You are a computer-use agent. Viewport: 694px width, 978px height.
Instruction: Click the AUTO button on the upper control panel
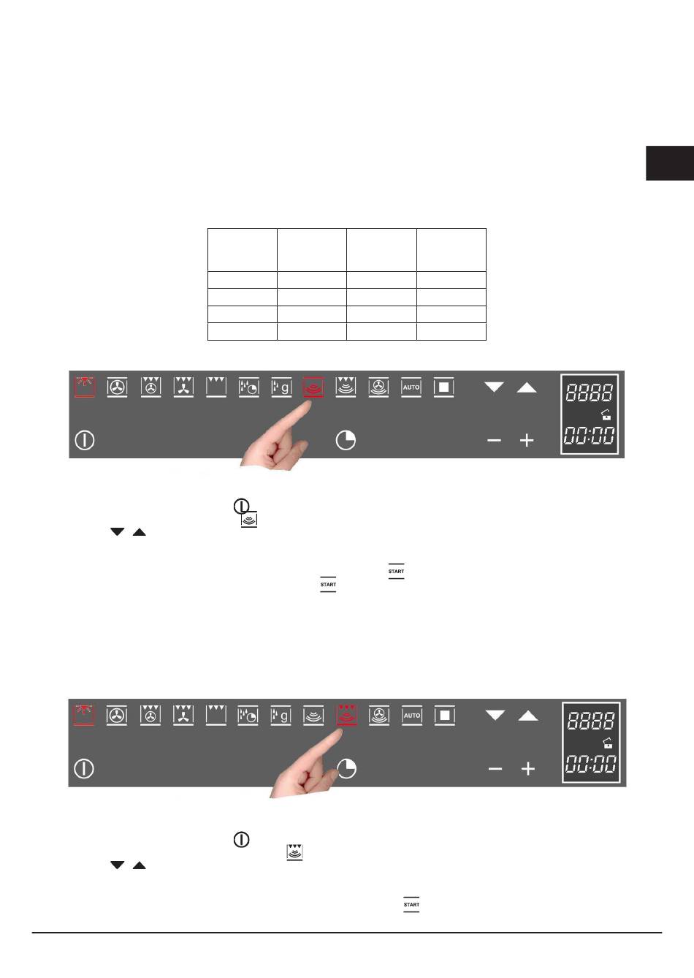pos(411,387)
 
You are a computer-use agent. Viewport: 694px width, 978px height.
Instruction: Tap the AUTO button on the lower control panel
pos(412,716)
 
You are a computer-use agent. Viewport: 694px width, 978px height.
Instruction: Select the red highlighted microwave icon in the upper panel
pos(313,387)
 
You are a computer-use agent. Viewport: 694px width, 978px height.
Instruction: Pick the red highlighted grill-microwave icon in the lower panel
pos(347,716)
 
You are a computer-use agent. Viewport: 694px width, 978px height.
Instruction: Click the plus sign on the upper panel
pos(527,440)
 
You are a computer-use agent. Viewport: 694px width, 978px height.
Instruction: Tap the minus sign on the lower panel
pos(495,768)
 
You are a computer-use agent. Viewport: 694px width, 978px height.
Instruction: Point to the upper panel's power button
pos(85,440)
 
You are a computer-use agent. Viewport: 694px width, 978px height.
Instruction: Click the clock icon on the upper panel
pos(346,440)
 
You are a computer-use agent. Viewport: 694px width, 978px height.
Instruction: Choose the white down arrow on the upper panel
pos(494,387)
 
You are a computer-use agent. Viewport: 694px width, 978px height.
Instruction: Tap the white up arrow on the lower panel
pos(528,716)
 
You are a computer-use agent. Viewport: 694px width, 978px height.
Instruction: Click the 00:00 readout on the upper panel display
pos(590,436)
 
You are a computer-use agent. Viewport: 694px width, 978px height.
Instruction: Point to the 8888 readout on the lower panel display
pos(590,721)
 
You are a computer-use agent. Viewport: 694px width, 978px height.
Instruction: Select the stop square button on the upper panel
pos(444,387)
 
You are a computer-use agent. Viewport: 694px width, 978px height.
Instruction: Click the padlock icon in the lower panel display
pos(607,743)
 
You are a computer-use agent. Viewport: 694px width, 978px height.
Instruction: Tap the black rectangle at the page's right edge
pos(670,163)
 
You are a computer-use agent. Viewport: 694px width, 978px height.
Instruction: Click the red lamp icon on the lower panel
pos(84,715)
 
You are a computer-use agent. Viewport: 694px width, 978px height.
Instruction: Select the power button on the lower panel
pos(84,768)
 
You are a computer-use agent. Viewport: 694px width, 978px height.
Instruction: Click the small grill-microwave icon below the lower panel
pos(294,852)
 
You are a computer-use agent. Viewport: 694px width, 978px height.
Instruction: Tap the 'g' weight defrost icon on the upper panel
pos(281,387)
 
